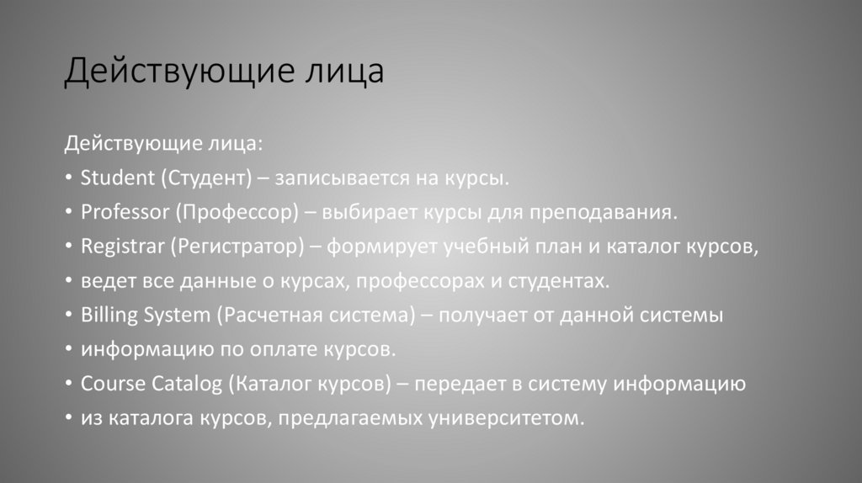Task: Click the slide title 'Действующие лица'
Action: (224, 72)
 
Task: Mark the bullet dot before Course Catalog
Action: (68, 385)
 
